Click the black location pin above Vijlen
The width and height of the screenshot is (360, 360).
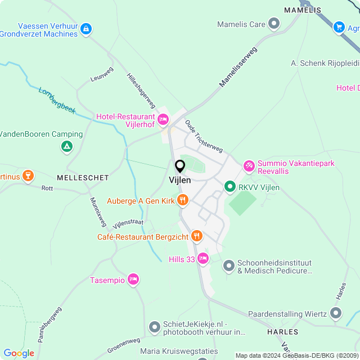(x=180, y=166)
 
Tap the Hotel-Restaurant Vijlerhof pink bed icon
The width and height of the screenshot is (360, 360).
(x=163, y=119)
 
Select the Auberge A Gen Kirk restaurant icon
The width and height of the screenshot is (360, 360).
(x=182, y=200)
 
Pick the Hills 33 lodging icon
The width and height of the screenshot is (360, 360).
(x=202, y=259)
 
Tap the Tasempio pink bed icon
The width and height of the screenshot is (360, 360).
(x=133, y=279)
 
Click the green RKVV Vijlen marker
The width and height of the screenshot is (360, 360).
(x=229, y=187)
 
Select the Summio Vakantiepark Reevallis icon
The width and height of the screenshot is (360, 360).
(x=249, y=166)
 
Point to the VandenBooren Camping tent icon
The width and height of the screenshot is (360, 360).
(x=66, y=147)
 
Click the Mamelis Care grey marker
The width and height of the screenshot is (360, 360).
(x=274, y=24)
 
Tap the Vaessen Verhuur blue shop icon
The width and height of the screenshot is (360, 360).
(x=85, y=28)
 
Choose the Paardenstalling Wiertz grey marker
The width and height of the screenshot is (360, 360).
(x=336, y=312)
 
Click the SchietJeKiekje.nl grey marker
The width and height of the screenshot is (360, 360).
(x=155, y=327)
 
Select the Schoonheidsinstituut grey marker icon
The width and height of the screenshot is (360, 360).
(x=228, y=265)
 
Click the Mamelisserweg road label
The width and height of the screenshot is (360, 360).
(x=238, y=67)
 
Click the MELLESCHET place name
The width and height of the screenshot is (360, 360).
(x=83, y=177)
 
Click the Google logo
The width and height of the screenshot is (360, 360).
(x=19, y=353)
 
